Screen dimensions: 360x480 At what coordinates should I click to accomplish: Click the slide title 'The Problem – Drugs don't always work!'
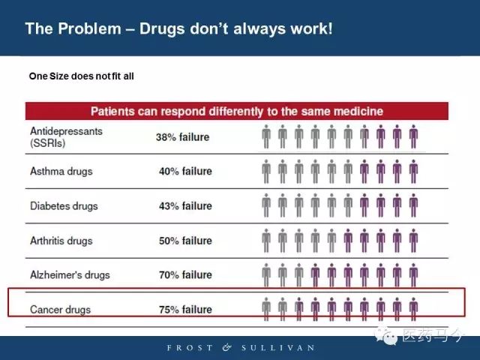[x=178, y=28]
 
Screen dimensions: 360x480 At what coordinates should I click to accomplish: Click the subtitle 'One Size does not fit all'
[x=81, y=76]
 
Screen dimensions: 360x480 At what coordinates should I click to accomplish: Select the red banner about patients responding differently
[x=237, y=111]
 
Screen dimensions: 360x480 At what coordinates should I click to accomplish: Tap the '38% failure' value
[x=182, y=137]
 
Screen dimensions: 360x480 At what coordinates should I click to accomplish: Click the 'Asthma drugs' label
[x=61, y=171]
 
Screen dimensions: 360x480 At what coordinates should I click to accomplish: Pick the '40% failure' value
[x=185, y=171]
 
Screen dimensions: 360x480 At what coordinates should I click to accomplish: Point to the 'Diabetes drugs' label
[x=64, y=205]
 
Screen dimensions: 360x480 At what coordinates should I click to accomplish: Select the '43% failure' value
[x=185, y=205]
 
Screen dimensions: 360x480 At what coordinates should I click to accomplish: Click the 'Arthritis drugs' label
[x=61, y=240]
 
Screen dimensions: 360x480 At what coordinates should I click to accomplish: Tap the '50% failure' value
[x=185, y=240]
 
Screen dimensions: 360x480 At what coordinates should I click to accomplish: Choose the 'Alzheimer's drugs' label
[x=70, y=274]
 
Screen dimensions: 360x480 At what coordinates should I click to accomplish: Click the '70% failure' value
[x=185, y=274]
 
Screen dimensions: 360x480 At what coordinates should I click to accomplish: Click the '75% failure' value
[x=185, y=309]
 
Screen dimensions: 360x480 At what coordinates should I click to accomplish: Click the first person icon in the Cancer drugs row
[x=266, y=309]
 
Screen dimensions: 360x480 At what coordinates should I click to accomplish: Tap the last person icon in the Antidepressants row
[x=413, y=137]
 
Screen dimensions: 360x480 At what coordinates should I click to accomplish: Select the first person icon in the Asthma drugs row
[x=266, y=172]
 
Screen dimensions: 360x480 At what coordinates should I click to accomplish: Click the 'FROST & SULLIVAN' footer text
[x=240, y=348]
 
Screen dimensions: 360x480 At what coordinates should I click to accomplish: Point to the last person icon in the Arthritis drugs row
[x=413, y=241]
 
